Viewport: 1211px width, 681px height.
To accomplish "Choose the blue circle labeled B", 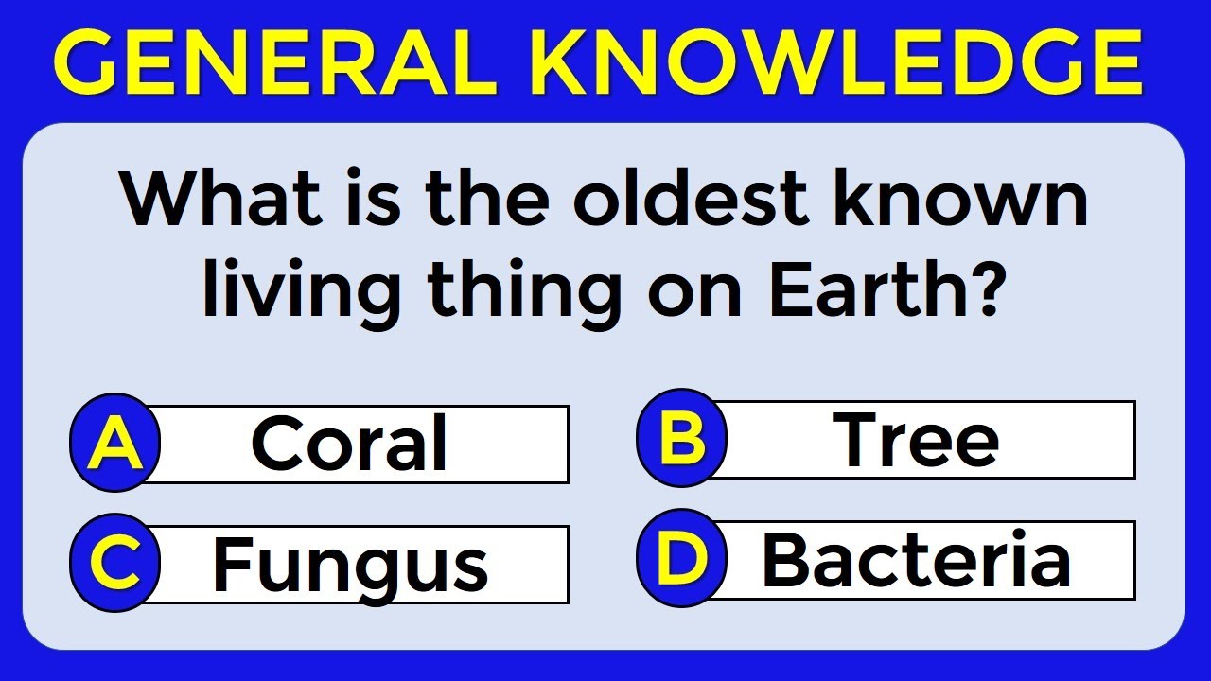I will click(682, 440).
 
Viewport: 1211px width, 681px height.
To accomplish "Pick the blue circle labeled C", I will click(115, 564).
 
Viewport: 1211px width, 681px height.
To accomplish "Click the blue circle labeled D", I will click(682, 559).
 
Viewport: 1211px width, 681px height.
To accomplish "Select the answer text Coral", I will click(349, 445).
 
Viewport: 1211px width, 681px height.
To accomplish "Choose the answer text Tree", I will click(916, 440).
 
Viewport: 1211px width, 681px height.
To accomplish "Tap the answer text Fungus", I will click(350, 565).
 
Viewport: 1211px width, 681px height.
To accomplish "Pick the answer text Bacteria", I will click(916, 560).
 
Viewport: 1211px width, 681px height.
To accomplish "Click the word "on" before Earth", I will click(694, 290).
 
